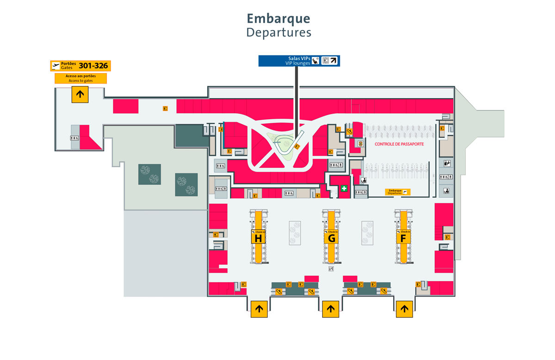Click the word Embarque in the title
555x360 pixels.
(x=278, y=18)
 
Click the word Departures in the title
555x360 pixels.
(x=278, y=33)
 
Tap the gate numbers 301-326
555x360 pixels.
(x=93, y=66)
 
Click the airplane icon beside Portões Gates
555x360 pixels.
(x=56, y=66)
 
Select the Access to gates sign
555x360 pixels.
(x=80, y=78)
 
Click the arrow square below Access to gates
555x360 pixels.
(x=80, y=95)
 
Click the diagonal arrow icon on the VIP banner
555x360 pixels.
(x=333, y=61)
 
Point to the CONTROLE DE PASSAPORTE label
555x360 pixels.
(x=399, y=144)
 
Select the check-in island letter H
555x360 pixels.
(x=259, y=238)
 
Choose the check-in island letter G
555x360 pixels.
(x=331, y=238)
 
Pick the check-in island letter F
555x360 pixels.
(x=403, y=238)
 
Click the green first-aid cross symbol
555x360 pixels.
(x=344, y=189)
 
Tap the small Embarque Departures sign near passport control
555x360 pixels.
(x=398, y=192)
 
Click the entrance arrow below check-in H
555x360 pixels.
(x=259, y=309)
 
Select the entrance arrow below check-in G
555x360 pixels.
(x=331, y=309)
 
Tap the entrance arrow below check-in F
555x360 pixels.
(x=404, y=309)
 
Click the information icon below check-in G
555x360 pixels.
(x=331, y=268)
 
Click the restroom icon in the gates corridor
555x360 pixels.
(x=75, y=138)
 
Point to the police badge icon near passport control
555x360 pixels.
(x=360, y=144)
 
